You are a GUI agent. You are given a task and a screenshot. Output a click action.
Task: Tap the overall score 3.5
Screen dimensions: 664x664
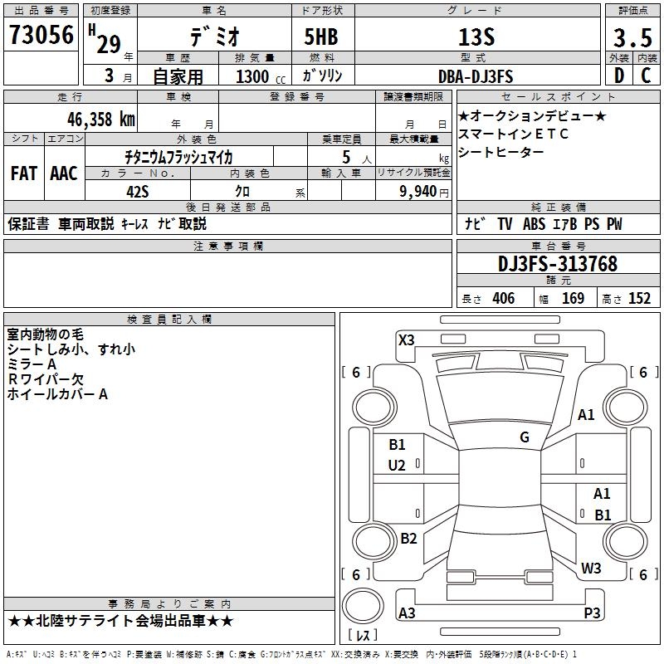click(631, 37)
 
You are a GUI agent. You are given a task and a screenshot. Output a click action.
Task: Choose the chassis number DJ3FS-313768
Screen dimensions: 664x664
click(557, 264)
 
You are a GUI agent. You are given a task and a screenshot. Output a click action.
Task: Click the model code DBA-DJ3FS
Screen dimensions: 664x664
click(476, 76)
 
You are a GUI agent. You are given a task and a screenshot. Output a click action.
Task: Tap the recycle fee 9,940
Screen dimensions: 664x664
click(418, 191)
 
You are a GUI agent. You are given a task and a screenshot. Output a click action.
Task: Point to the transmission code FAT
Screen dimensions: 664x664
click(23, 173)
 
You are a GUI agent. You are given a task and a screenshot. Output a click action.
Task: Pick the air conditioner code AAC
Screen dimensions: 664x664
click(64, 173)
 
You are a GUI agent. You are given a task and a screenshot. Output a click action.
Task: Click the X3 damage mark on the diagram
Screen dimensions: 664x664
click(406, 339)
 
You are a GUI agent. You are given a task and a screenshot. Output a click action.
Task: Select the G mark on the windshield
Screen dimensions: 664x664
click(525, 437)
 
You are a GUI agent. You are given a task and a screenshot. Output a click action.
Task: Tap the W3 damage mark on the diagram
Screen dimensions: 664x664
click(591, 569)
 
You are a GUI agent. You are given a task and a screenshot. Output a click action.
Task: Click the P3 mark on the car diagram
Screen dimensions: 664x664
click(592, 613)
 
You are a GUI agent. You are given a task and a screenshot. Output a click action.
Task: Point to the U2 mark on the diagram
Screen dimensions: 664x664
click(397, 466)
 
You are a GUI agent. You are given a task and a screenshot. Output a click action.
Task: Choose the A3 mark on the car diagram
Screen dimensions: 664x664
click(407, 613)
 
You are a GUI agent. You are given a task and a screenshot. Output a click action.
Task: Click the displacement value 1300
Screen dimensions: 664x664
click(252, 77)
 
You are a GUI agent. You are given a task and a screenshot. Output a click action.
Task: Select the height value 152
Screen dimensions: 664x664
click(639, 299)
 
